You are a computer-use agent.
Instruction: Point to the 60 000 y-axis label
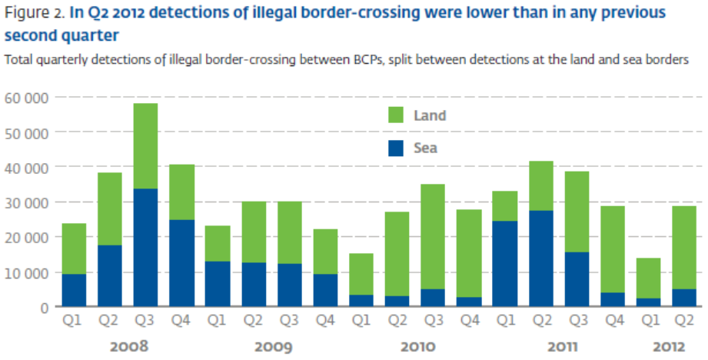tap(26, 98)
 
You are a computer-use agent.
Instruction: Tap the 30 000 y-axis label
tap(26, 202)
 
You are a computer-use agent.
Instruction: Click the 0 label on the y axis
tap(45, 307)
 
